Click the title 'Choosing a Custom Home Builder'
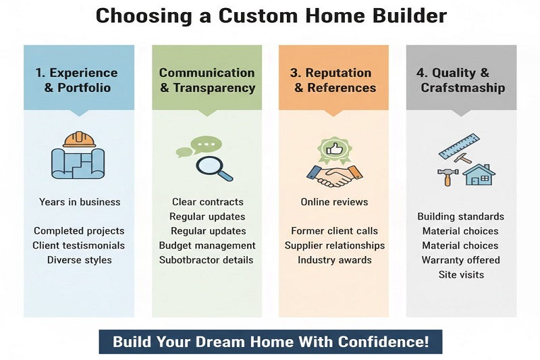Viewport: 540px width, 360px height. point(270,16)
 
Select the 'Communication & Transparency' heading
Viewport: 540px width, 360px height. point(207,80)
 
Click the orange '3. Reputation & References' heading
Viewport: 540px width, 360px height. point(333,80)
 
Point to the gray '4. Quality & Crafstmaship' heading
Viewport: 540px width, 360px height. point(460,80)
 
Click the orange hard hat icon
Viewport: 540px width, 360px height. point(78,140)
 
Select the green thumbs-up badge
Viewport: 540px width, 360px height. point(333,148)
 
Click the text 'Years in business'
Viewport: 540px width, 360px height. point(80,202)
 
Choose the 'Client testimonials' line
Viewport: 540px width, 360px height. point(79,245)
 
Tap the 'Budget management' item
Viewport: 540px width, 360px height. point(207,245)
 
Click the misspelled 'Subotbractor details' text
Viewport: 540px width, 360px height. point(207,260)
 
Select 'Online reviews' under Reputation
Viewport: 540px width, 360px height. point(334,202)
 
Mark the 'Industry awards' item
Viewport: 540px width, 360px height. point(335,260)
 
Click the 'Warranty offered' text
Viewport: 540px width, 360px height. point(460,260)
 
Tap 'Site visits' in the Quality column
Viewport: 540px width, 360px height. point(461,274)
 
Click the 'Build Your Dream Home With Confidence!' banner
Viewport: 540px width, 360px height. point(270,341)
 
